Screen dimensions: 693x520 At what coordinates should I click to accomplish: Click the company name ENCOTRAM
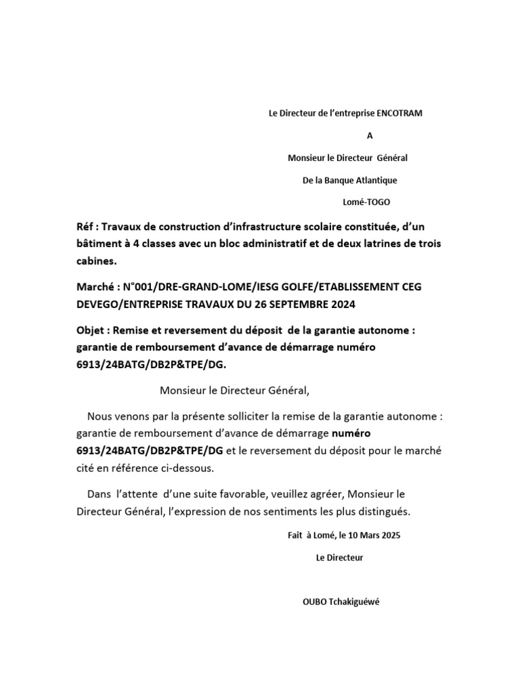click(399, 114)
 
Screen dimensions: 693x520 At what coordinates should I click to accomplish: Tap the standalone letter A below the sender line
click(370, 135)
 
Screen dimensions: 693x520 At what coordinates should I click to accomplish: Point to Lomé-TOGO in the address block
click(368, 202)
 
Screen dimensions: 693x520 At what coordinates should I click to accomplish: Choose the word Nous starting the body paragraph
click(100, 416)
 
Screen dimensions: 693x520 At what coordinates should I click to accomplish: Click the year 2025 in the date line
click(391, 535)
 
